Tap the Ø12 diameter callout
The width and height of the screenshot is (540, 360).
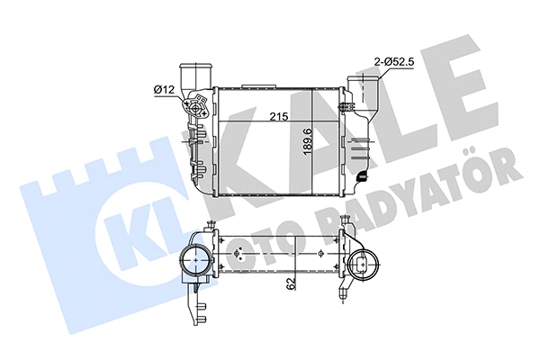tap(164, 88)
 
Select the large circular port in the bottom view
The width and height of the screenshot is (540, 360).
tap(194, 264)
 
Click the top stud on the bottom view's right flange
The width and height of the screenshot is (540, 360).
tap(343, 231)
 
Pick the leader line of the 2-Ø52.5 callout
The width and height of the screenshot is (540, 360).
tap(380, 77)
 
